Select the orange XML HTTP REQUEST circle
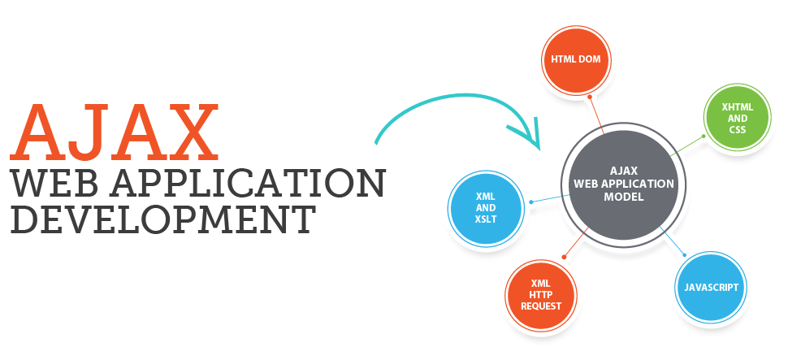tap(541, 294)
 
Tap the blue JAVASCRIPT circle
tap(711, 288)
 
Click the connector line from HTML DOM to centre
tap(598, 114)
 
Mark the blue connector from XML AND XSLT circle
tap(544, 199)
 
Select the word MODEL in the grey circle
tap(625, 197)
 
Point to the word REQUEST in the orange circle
tap(541, 306)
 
